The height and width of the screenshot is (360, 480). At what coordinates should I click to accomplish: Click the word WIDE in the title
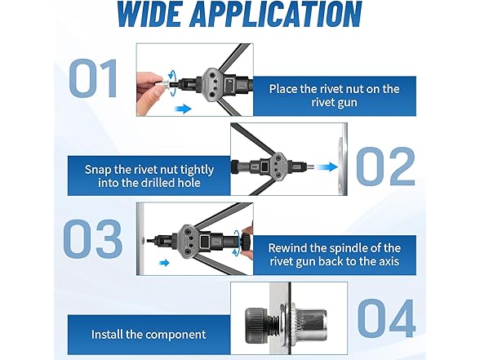[x=150, y=13]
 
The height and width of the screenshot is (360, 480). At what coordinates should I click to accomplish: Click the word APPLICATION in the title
[x=276, y=13]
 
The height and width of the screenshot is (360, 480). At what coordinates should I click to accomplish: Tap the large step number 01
[x=94, y=78]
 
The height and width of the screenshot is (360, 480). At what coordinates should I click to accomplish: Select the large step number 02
[x=386, y=167]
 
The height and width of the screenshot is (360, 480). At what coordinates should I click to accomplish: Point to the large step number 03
[x=93, y=238]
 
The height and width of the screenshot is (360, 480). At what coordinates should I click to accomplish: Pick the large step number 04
[x=387, y=318]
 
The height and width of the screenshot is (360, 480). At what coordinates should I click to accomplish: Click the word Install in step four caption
[x=107, y=334]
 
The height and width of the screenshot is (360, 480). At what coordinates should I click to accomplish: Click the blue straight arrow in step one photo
[x=183, y=109]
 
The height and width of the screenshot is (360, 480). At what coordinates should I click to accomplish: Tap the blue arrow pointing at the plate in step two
[x=327, y=167]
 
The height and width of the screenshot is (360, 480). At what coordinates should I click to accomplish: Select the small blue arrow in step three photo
[x=165, y=263]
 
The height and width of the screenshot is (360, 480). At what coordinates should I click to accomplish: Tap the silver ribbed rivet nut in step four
[x=309, y=321]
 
